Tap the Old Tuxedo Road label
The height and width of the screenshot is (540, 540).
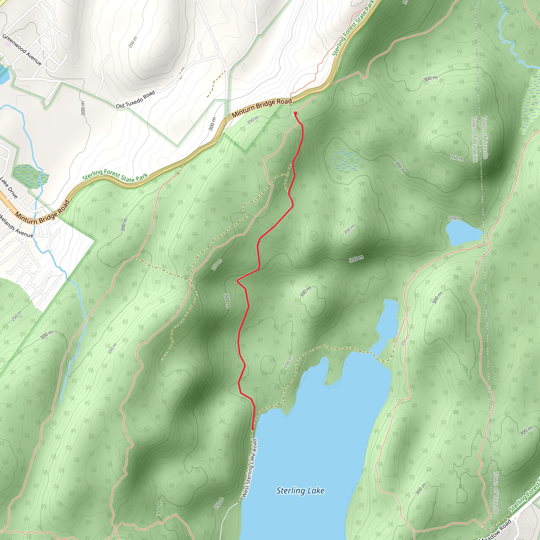tap(135, 100)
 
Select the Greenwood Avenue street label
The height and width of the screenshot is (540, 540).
tap(22, 50)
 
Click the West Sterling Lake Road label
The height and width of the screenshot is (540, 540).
tap(249, 468)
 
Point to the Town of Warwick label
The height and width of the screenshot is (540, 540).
tap(474, 139)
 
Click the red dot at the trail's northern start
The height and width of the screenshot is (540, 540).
tap(295, 113)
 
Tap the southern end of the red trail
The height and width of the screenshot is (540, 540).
tap(253, 429)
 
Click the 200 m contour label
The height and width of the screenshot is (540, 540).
tap(83, 108)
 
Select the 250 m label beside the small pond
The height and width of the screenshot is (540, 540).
tap(455, 218)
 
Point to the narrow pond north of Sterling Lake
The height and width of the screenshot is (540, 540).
tap(388, 324)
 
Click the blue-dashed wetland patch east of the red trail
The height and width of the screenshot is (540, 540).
tap(345, 160)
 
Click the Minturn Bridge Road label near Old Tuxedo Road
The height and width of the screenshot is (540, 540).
tap(262, 108)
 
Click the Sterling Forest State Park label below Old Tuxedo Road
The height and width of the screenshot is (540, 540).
tap(115, 176)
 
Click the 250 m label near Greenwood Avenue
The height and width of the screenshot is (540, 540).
tap(133, 42)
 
